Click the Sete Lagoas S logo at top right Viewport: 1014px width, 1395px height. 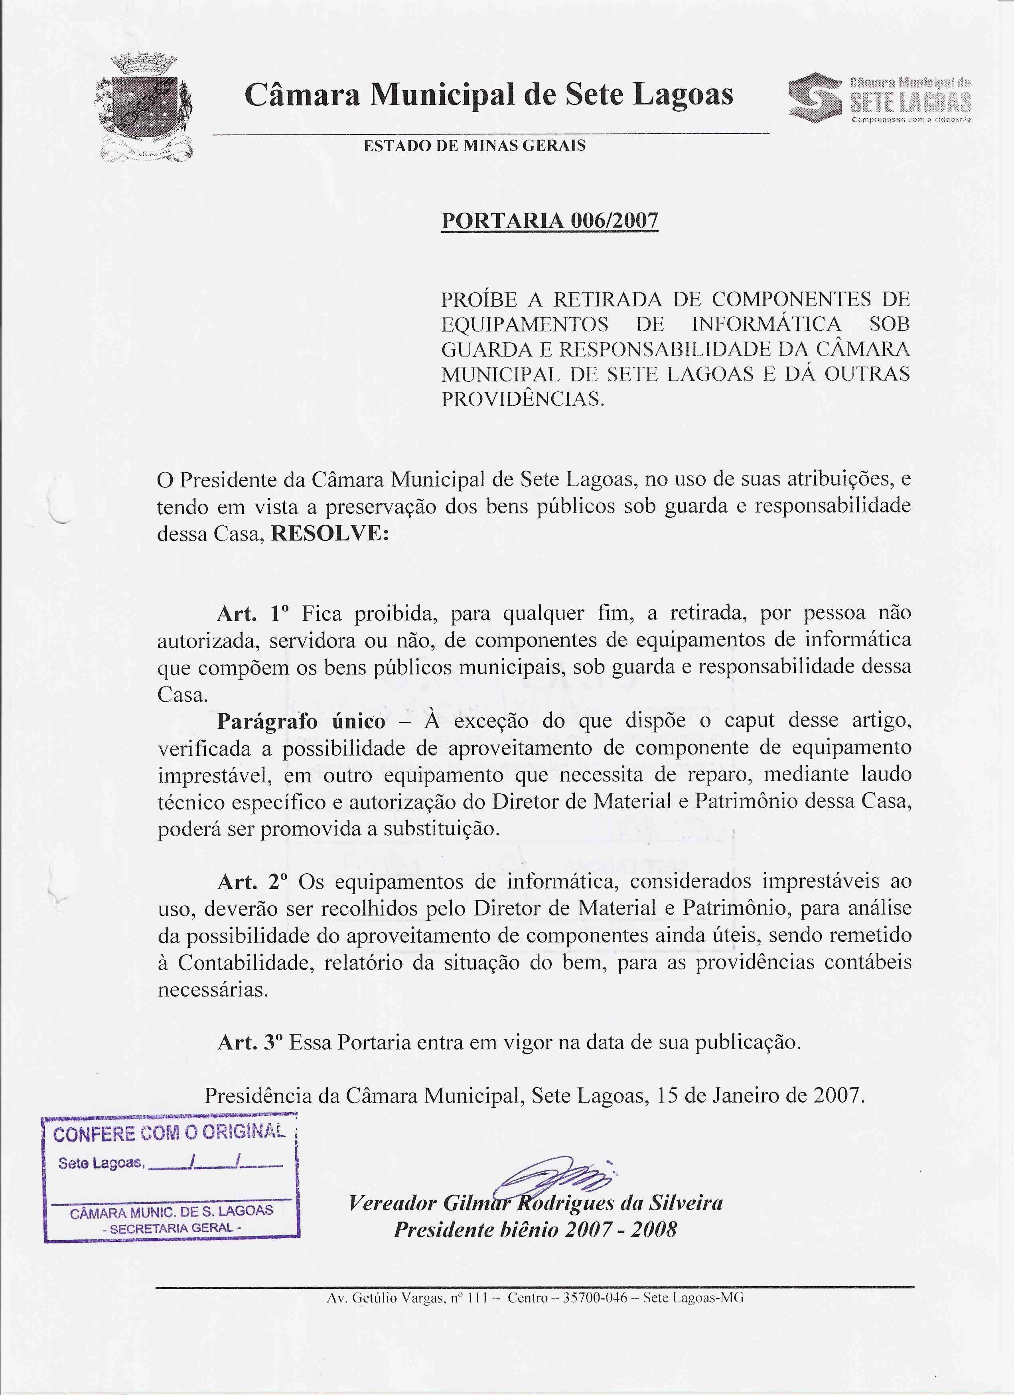pos(815,98)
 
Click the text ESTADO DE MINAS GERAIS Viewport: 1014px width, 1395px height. pos(474,146)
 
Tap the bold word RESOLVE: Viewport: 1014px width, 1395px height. pos(330,533)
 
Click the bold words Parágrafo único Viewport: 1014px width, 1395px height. pos(301,721)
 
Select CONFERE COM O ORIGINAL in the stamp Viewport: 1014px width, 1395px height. pos(169,1133)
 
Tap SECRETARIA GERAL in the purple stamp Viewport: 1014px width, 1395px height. pos(172,1228)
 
